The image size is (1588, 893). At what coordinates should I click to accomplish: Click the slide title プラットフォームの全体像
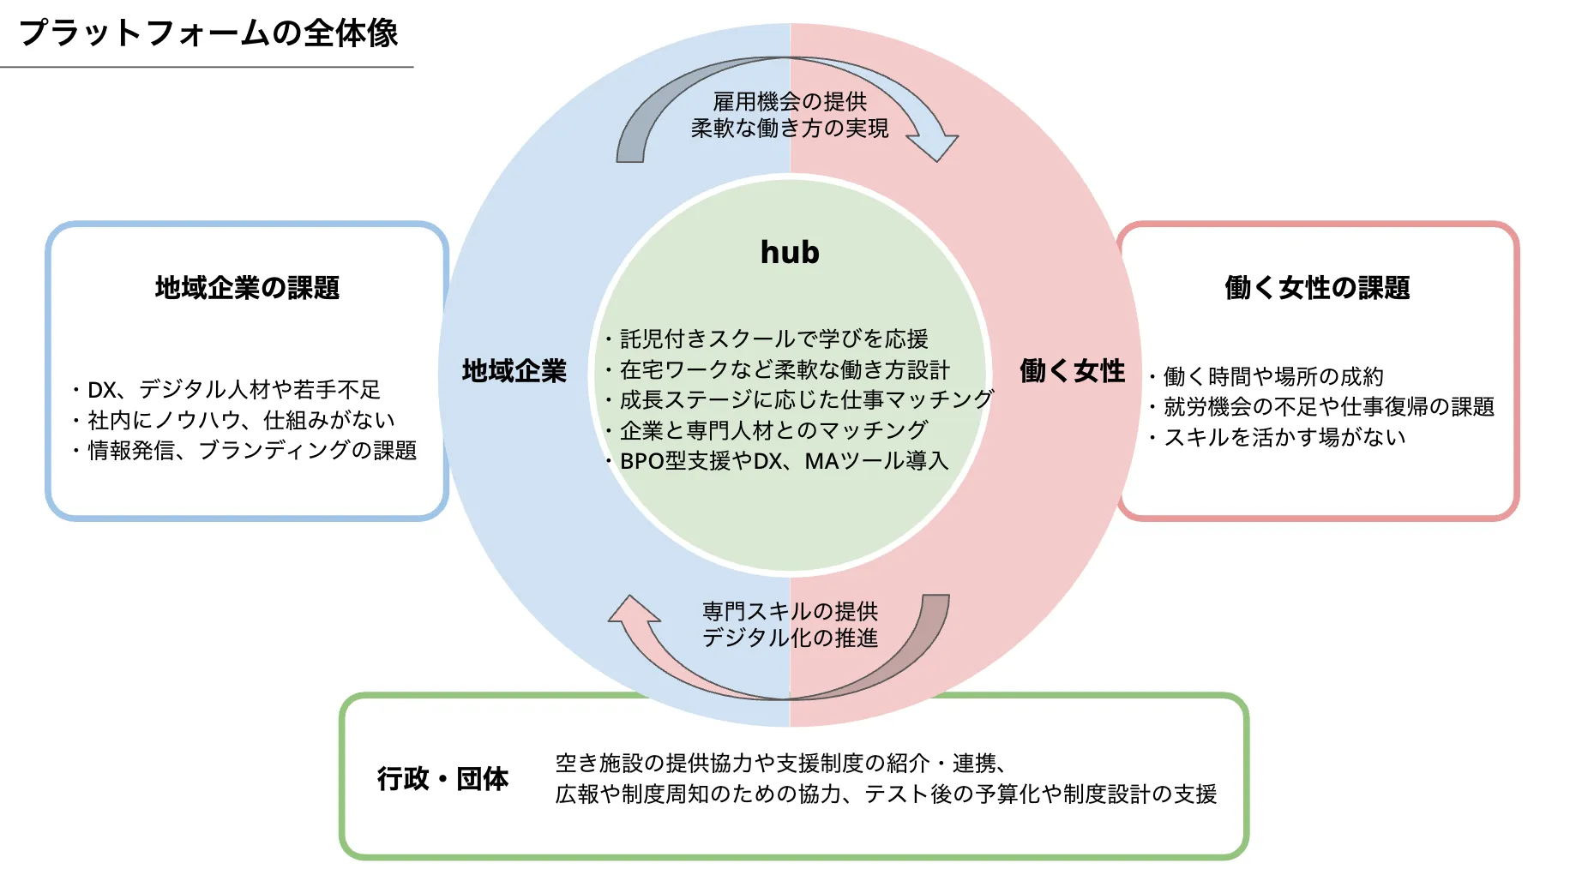pos(208,33)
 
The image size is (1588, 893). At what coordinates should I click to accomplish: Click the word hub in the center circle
pos(790,252)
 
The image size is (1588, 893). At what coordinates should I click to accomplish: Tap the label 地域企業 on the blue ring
pos(514,370)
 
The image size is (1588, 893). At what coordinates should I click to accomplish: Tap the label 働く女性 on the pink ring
pos(1072,370)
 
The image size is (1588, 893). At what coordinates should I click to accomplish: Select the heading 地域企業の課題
pos(247,287)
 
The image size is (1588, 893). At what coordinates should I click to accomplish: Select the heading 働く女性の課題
pos(1317,287)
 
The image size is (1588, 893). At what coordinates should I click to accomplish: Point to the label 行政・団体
pos(442,778)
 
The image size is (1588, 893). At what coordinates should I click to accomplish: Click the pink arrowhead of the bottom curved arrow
pos(633,610)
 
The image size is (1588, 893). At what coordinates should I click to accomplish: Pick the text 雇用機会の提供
pos(790,101)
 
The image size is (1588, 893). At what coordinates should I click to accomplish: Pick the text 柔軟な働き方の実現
pos(790,128)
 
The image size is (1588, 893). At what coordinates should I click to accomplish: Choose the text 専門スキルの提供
pos(790,611)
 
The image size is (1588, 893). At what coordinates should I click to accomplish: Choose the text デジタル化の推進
pos(790,638)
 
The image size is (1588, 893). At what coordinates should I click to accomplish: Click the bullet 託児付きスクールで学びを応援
pos(773,339)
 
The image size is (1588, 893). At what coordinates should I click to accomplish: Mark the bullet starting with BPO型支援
pos(783,461)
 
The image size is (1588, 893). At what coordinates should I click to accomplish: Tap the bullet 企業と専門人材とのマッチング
pos(773,430)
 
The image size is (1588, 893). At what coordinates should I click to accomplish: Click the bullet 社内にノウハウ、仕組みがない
pos(241,420)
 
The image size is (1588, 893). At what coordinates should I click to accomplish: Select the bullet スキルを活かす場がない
pos(1284,437)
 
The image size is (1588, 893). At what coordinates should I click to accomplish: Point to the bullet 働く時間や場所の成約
pos(1272,376)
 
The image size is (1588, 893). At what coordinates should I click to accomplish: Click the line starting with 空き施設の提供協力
pos(780,763)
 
